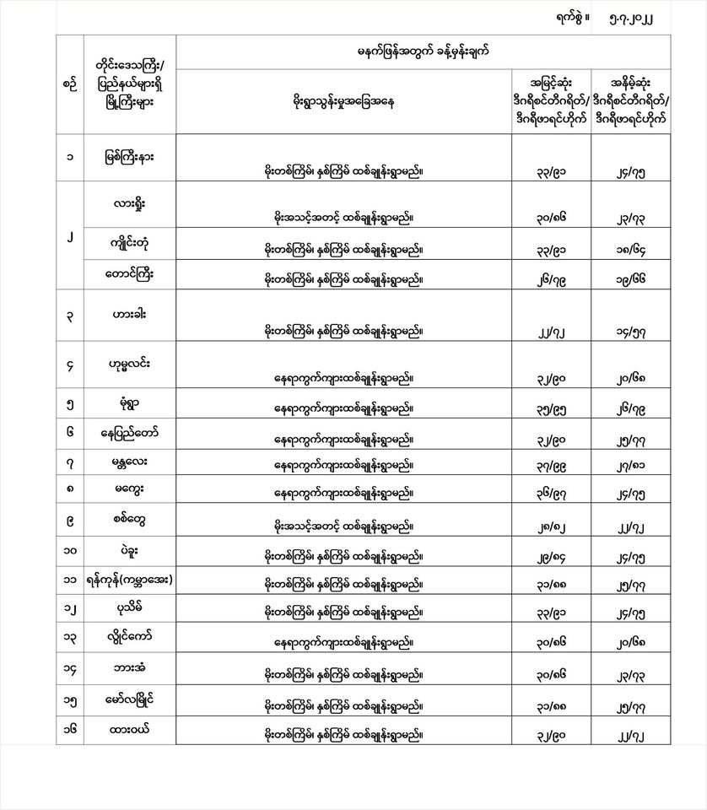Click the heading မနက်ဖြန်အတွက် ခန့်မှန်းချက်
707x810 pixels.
[x=424, y=51]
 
